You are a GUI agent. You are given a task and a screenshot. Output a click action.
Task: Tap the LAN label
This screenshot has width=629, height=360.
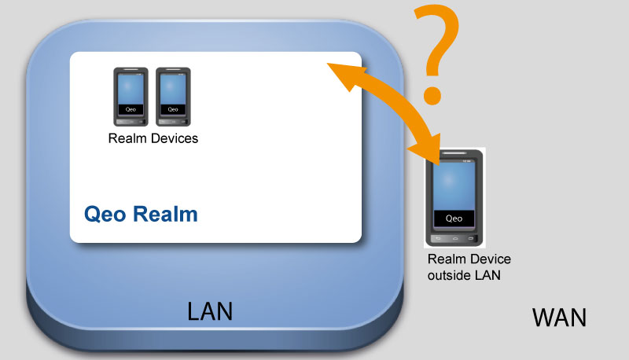coord(210,311)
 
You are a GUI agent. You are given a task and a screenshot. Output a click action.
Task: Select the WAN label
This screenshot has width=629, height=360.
coord(559,318)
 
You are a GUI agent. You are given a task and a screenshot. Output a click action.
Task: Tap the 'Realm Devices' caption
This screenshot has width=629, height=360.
coord(153,139)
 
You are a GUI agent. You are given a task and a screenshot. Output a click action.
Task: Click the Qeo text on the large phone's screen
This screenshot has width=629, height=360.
coord(454,219)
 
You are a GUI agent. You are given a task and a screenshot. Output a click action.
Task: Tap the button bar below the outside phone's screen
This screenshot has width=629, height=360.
coord(454,237)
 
